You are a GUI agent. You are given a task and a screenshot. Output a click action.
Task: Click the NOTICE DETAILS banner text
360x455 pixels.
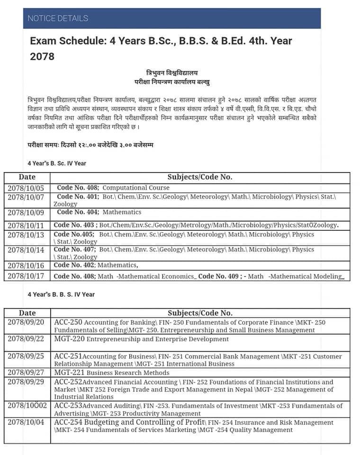click(58, 18)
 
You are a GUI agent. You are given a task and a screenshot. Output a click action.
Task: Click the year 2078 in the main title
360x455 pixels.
click(42, 57)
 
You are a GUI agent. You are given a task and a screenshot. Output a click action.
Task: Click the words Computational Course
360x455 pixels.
click(129, 188)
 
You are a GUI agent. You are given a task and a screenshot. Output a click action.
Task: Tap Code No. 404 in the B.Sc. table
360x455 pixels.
click(78, 212)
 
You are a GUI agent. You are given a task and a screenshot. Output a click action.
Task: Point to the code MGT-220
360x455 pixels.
click(69, 339)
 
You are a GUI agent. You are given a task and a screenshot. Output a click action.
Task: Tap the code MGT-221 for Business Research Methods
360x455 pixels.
click(69, 373)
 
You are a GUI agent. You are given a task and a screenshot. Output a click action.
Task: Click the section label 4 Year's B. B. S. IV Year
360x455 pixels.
click(61, 294)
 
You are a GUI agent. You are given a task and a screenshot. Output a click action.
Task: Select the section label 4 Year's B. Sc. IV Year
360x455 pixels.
click(57, 164)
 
